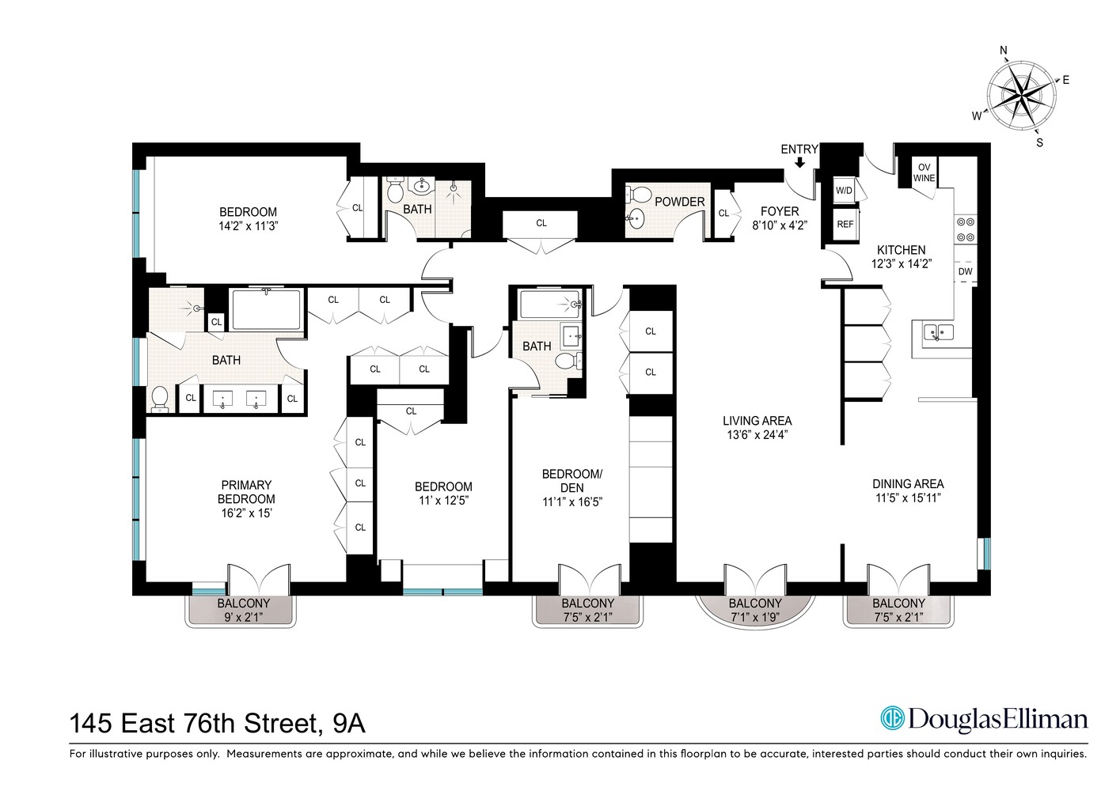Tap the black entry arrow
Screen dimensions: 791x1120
click(x=799, y=162)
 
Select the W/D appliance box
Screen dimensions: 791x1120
click(x=844, y=191)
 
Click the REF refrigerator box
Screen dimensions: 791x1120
click(x=845, y=224)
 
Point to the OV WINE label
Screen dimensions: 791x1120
click(x=924, y=173)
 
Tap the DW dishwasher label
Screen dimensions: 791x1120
click(x=965, y=271)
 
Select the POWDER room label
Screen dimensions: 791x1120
click(x=679, y=202)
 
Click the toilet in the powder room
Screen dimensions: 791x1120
click(x=639, y=194)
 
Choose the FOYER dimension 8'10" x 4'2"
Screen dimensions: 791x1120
click(x=780, y=225)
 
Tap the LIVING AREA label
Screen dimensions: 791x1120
click(x=757, y=421)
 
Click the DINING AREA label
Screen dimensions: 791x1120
click(x=908, y=483)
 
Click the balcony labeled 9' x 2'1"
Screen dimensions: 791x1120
click(x=243, y=610)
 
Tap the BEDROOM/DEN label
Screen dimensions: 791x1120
click(x=571, y=481)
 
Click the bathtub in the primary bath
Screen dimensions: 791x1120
click(x=266, y=310)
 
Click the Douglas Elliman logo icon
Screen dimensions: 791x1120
click(x=892, y=718)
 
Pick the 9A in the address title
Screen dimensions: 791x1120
click(x=348, y=723)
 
